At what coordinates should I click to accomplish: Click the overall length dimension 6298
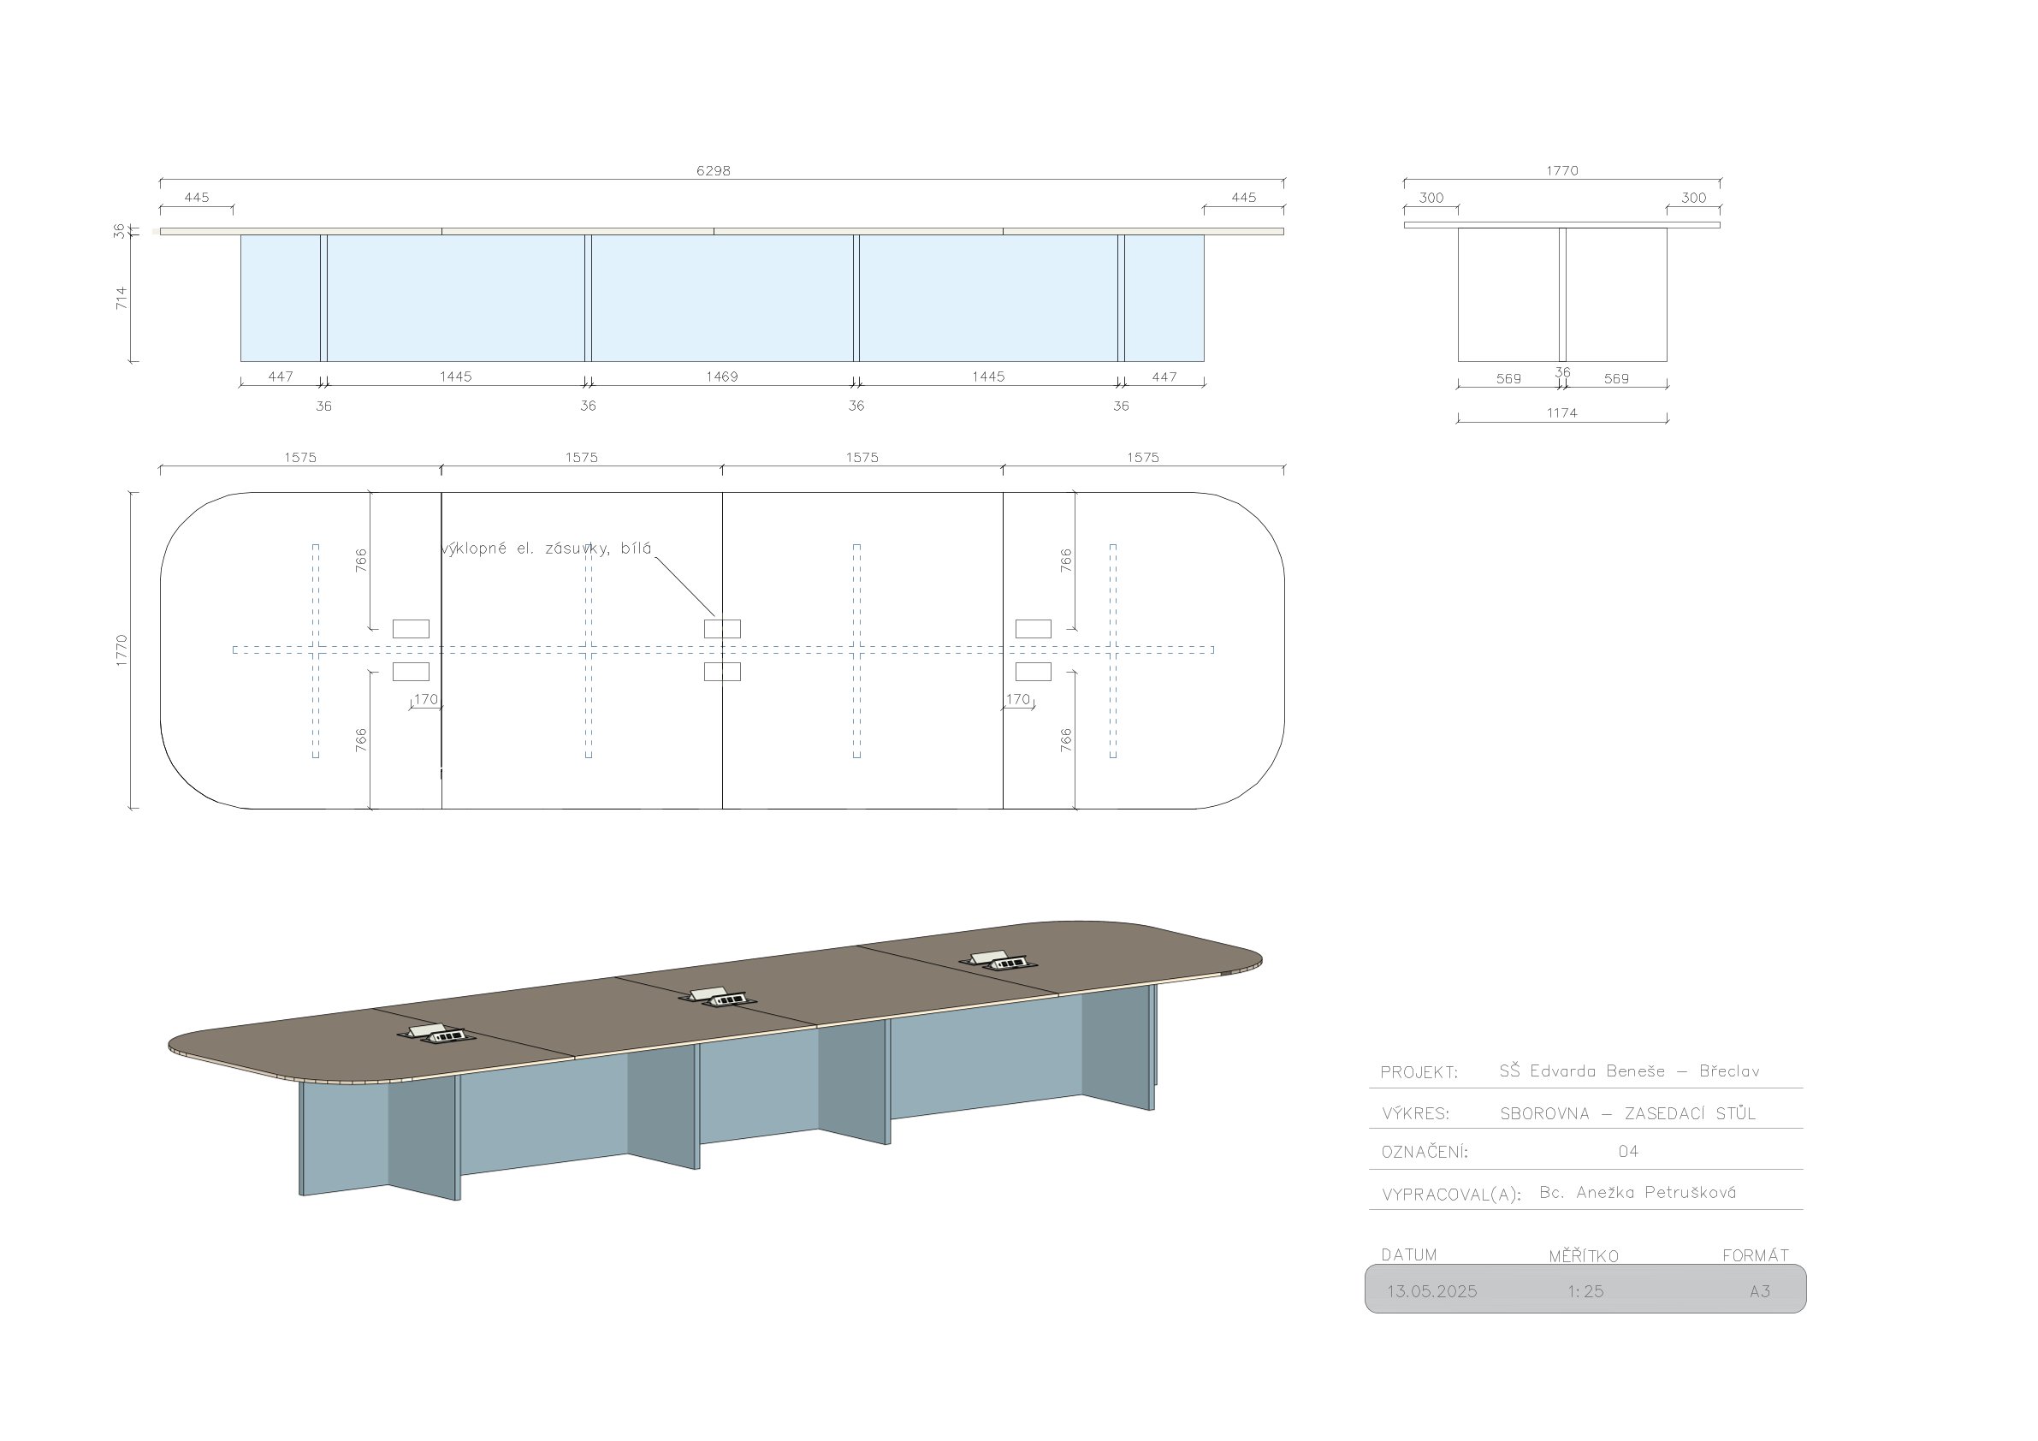[713, 170]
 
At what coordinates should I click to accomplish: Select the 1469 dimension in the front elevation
[721, 377]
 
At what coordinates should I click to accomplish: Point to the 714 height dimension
[121, 298]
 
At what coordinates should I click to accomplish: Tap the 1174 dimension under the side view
[1561, 412]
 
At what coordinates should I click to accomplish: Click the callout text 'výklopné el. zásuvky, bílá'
[546, 549]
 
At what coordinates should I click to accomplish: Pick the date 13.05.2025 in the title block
[1431, 1292]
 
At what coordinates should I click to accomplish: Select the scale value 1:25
[1585, 1292]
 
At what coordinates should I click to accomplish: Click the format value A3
[1759, 1292]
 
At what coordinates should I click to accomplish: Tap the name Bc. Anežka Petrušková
[1638, 1192]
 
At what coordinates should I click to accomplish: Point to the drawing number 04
[1628, 1152]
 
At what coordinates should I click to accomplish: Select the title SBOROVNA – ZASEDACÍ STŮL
[1628, 1113]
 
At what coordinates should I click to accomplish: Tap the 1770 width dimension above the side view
[1561, 170]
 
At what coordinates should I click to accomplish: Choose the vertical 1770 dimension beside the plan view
[121, 650]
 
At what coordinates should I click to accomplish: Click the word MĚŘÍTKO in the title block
[1584, 1256]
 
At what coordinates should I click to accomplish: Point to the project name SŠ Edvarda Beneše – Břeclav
[1629, 1070]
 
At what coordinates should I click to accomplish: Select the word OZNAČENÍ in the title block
[1425, 1153]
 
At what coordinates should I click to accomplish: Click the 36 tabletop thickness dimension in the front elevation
[120, 231]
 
